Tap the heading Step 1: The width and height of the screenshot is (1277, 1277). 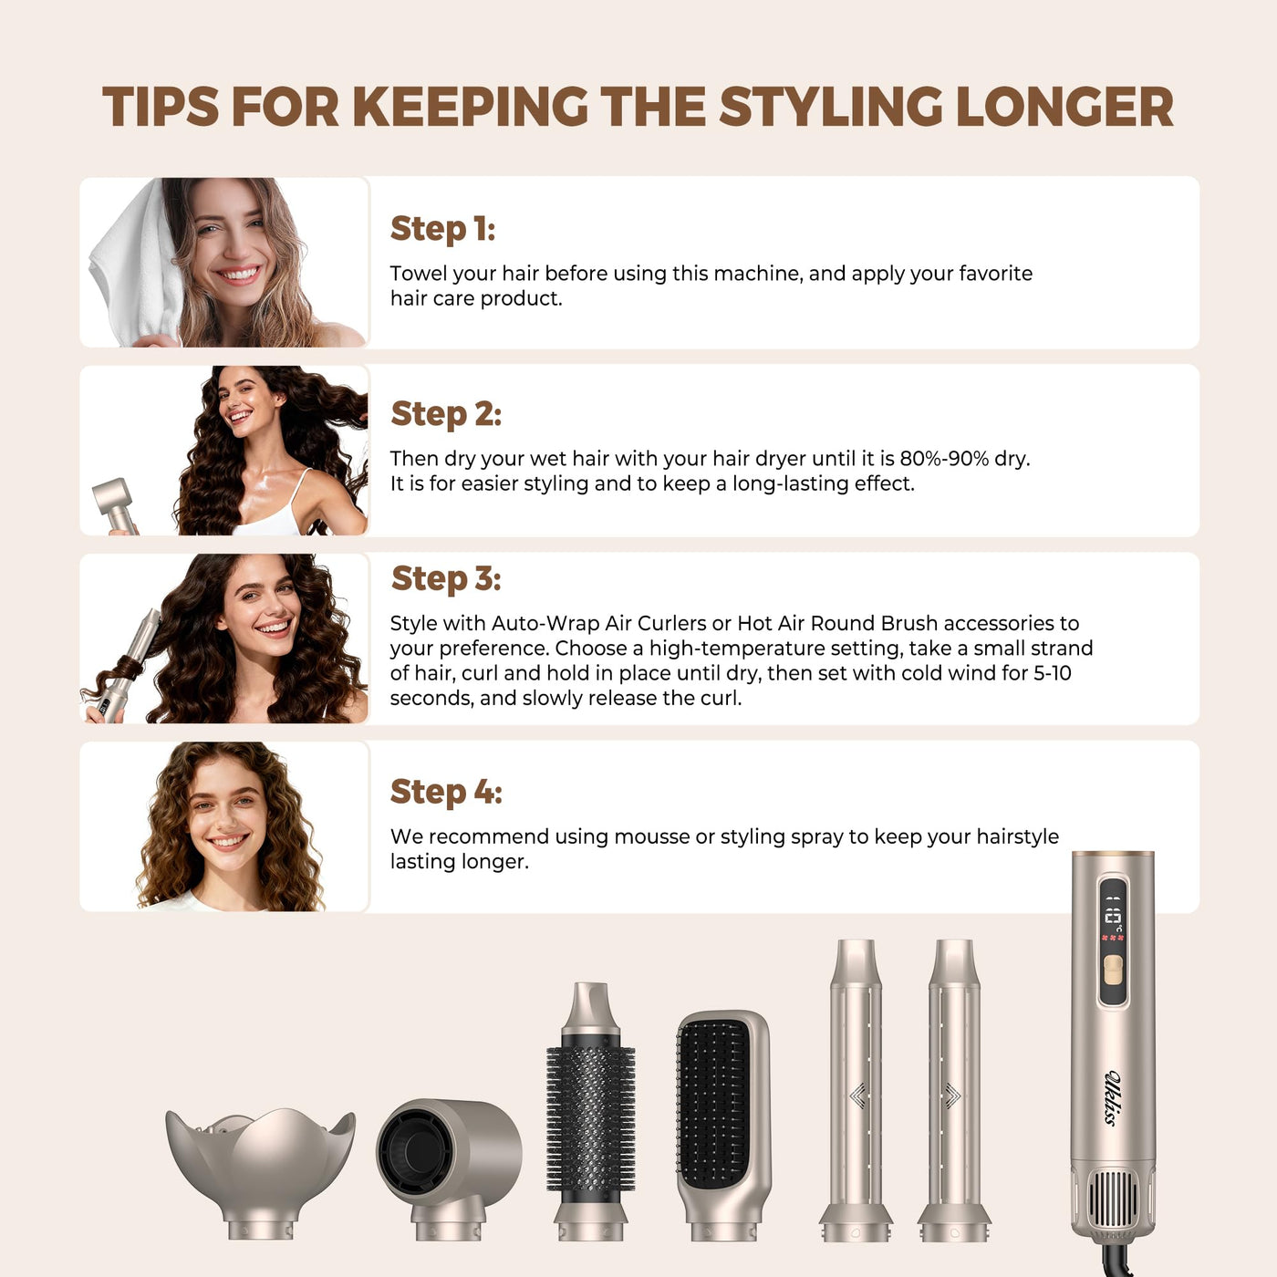point(442,229)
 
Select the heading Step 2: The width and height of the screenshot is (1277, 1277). point(446,414)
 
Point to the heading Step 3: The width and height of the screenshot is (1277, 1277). point(446,578)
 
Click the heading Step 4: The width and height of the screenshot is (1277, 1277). point(446,792)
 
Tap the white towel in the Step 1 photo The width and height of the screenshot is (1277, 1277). point(136,265)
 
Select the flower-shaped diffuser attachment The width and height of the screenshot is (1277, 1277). point(261,1173)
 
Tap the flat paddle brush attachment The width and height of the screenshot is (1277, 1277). point(724,1126)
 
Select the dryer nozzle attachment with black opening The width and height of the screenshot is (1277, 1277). point(449,1169)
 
